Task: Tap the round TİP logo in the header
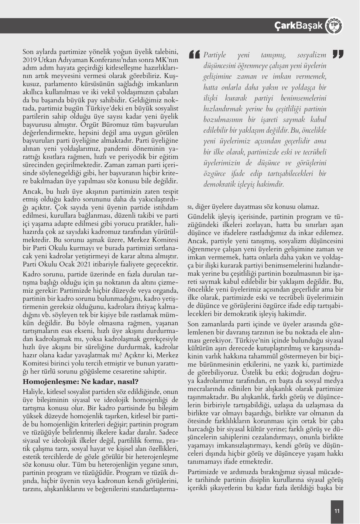click(x=335, y=26)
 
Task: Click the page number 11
click(x=337, y=511)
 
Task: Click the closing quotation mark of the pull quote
click(x=337, y=54)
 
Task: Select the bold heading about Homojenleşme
click(x=80, y=381)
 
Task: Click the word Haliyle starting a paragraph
click(x=33, y=391)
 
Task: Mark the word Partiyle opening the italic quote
click(x=215, y=55)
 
